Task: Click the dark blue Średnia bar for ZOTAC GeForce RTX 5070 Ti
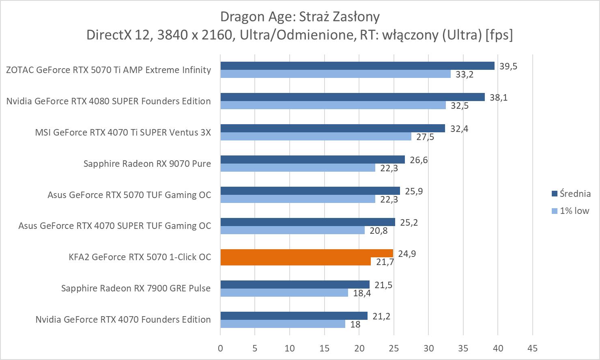pyautogui.click(x=357, y=66)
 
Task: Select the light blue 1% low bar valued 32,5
pyautogui.click(x=333, y=105)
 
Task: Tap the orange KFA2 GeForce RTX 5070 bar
pyautogui.click(x=306, y=253)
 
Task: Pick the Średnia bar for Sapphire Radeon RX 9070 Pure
pyautogui.click(x=312, y=160)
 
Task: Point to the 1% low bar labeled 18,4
pyautogui.click(x=284, y=292)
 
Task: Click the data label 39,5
pyautogui.click(x=508, y=66)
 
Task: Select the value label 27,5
pyautogui.click(x=425, y=137)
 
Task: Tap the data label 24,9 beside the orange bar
pyautogui.click(x=407, y=254)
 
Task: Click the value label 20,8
pyautogui.click(x=378, y=231)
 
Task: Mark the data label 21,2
pyautogui.click(x=381, y=316)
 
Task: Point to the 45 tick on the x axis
pyautogui.click(x=532, y=348)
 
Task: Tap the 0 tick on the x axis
pyautogui.click(x=220, y=348)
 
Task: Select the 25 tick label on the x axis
pyautogui.click(x=394, y=348)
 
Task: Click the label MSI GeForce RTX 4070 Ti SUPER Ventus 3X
pyautogui.click(x=123, y=132)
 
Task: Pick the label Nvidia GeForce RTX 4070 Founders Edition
pyautogui.click(x=123, y=319)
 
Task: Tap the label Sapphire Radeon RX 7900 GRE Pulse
pyautogui.click(x=136, y=288)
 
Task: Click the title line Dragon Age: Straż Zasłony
pyautogui.click(x=300, y=17)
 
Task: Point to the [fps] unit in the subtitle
pyautogui.click(x=499, y=35)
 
